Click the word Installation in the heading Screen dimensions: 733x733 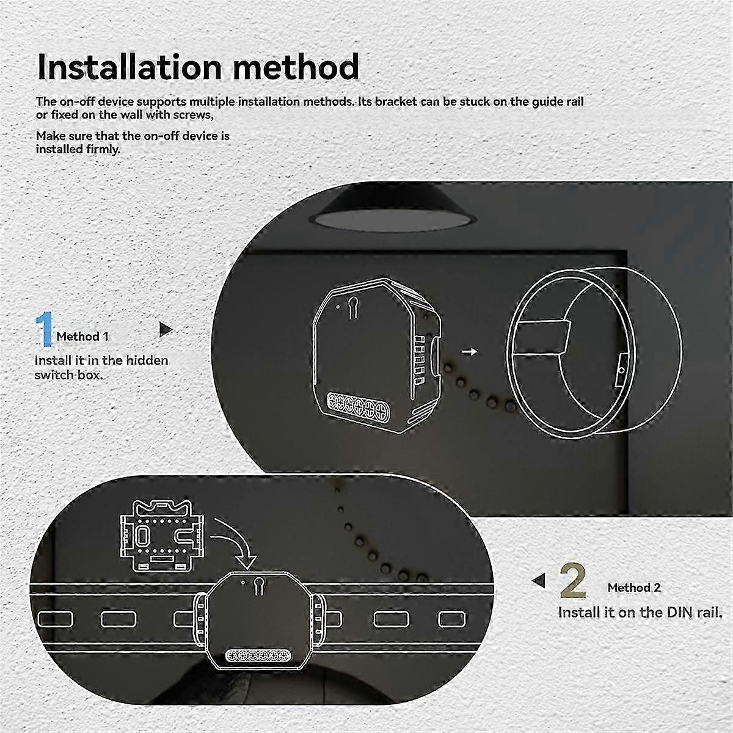click(x=129, y=67)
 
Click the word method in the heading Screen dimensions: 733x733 click(x=296, y=67)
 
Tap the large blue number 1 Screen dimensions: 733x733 click(x=45, y=329)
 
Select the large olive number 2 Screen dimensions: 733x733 click(x=572, y=581)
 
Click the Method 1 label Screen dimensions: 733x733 click(x=82, y=336)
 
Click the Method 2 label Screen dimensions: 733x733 click(x=634, y=587)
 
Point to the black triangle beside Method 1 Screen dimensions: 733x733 click(x=166, y=329)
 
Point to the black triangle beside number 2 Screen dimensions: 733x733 click(x=539, y=580)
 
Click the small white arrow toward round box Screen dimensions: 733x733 click(x=469, y=351)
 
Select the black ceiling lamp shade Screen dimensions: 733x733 click(x=393, y=210)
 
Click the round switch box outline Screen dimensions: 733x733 click(x=593, y=352)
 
